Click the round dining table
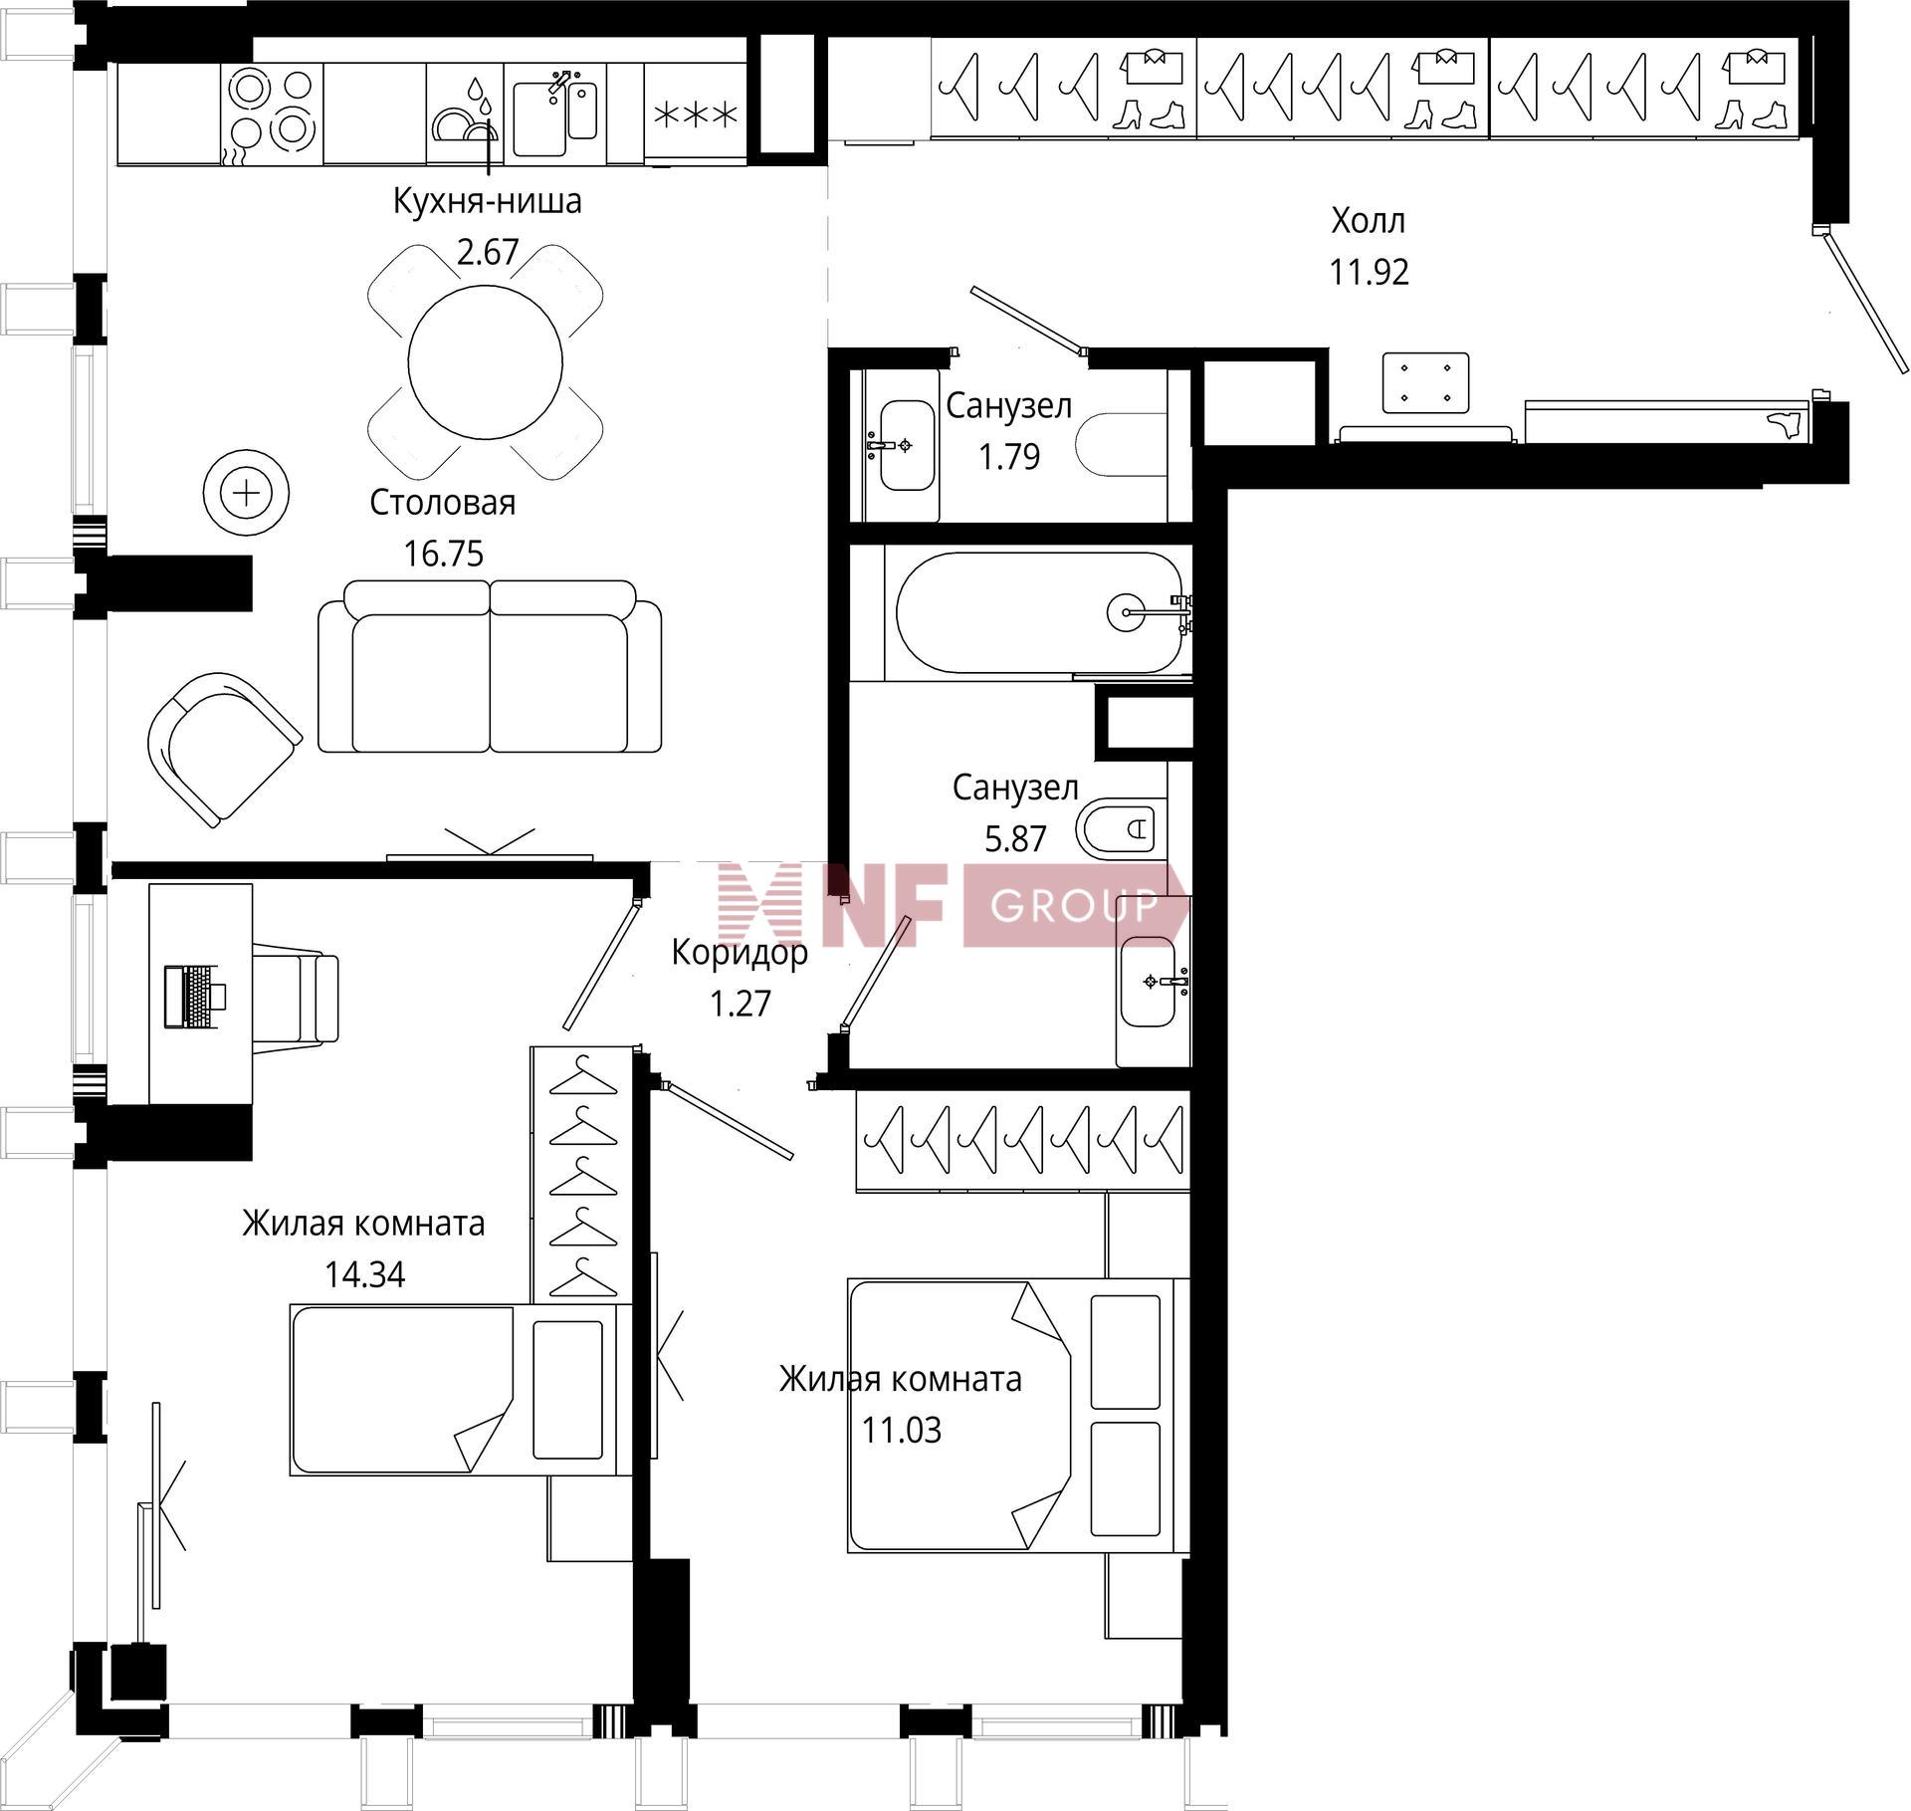(x=486, y=361)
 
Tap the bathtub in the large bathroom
(x=1039, y=612)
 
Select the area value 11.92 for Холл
(x=1369, y=272)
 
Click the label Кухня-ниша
(x=488, y=201)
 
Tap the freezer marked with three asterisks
(x=696, y=113)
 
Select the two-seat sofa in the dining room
(x=490, y=666)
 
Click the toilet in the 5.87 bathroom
(x=1121, y=826)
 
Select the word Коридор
(x=740, y=953)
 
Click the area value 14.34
(x=364, y=1274)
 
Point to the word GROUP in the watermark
(x=1075, y=905)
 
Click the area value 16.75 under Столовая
(x=444, y=554)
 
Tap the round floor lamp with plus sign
(x=246, y=494)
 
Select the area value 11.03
(x=902, y=1431)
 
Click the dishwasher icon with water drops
(x=465, y=113)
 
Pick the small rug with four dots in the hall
(x=1425, y=381)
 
